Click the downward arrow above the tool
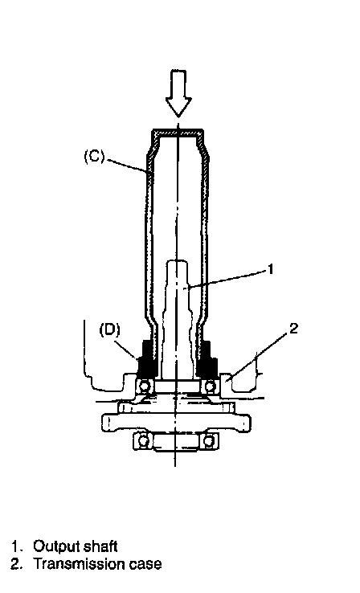(x=178, y=92)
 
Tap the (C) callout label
(x=94, y=156)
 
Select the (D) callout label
(x=109, y=329)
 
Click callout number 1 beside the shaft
(x=270, y=269)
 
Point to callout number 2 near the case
(x=293, y=329)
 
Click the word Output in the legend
(x=56, y=546)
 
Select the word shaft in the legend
(x=100, y=546)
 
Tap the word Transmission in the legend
(x=80, y=564)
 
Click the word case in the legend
(x=145, y=565)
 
